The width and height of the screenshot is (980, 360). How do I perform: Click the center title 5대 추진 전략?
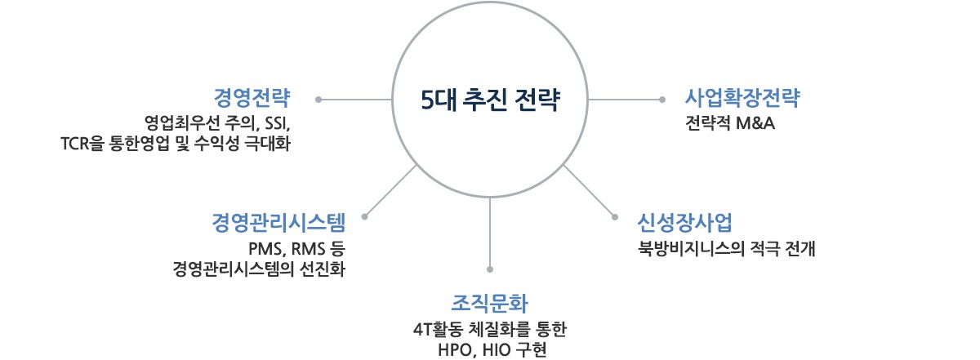(x=490, y=100)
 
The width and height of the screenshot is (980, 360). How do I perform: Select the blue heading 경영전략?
(x=252, y=100)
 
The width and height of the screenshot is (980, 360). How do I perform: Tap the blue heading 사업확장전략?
(x=742, y=100)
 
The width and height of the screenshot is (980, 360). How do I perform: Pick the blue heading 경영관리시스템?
(x=278, y=222)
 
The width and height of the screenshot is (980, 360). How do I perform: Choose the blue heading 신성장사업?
(x=684, y=222)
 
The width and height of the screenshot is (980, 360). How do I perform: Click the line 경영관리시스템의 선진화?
(x=259, y=269)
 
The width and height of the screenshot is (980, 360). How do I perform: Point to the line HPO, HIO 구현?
(x=490, y=351)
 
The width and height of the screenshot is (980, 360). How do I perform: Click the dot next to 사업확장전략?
(x=662, y=100)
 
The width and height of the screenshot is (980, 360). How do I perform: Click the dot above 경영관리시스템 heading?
(x=364, y=217)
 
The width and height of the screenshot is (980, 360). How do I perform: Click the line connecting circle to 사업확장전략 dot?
(x=625, y=100)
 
